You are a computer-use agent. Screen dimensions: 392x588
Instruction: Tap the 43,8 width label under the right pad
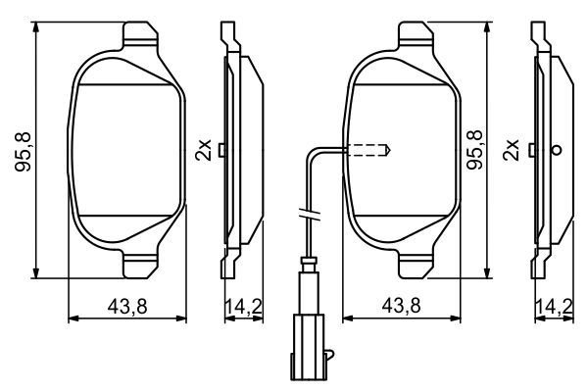point(403,307)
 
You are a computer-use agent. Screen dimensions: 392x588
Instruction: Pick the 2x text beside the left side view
point(204,150)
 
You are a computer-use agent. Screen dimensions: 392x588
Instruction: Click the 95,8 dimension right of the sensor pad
point(477,150)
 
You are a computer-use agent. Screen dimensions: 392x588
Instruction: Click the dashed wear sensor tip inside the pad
point(370,151)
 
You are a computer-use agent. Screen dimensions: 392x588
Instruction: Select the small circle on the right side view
point(557,150)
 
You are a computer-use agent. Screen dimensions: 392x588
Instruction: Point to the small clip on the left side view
point(224,150)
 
